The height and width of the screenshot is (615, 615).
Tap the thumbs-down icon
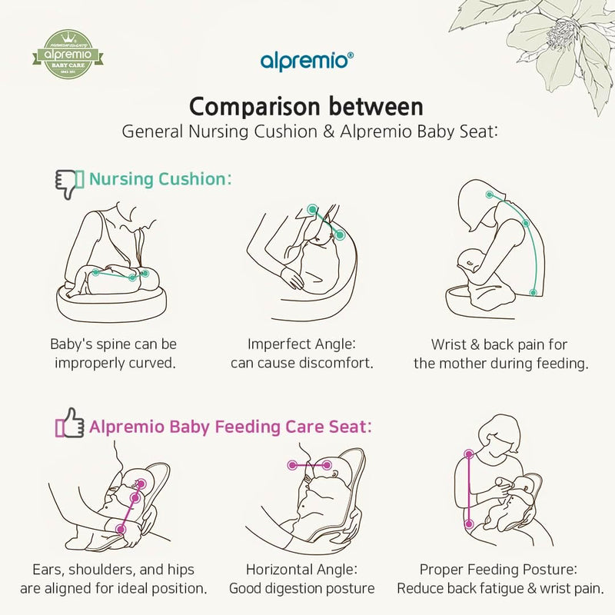click(69, 182)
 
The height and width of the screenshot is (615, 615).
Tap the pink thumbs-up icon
click(69, 426)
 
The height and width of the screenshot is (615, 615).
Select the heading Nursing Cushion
click(160, 180)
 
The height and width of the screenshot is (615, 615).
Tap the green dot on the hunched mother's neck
click(489, 196)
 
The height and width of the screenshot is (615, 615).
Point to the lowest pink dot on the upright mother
click(468, 524)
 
